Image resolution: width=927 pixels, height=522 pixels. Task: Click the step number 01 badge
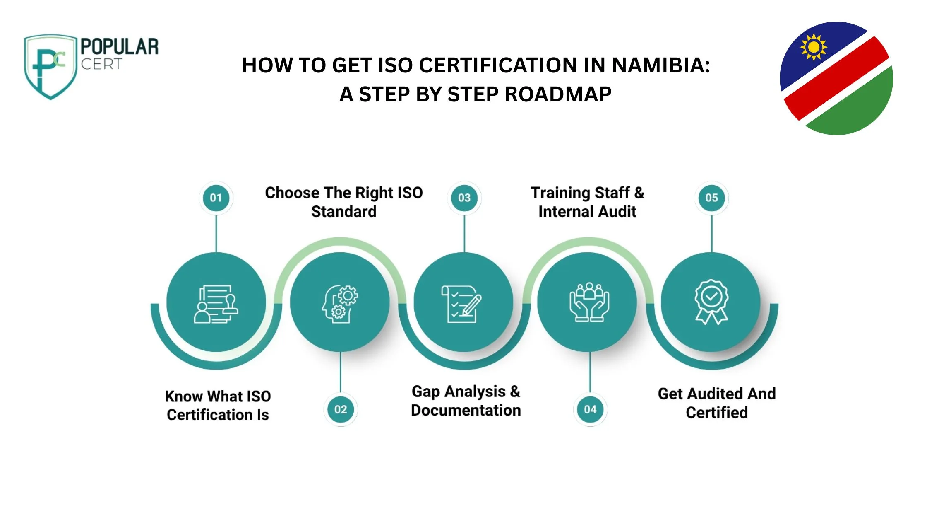coord(216,198)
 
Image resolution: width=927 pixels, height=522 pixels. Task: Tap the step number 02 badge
coord(341,409)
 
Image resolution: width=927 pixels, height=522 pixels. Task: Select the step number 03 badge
coord(464,198)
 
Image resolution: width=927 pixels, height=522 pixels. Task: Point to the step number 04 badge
coord(590,409)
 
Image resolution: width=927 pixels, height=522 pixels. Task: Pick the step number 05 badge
coord(712,198)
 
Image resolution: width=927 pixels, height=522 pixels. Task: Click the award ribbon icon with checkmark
coord(711,302)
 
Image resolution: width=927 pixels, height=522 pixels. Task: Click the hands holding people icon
coord(589,302)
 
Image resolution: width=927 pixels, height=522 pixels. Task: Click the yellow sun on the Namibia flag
coord(814,47)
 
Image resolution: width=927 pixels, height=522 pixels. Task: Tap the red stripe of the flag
coord(836,78)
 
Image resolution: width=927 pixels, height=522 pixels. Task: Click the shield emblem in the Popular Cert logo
coord(50,66)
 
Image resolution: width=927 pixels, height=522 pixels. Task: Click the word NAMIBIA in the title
coord(661,65)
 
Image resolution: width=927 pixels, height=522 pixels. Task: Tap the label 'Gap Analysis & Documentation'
coord(466,401)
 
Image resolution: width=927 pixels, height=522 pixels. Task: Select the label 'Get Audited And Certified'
coord(717,403)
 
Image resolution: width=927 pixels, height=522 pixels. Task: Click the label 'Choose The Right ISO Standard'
coord(344,202)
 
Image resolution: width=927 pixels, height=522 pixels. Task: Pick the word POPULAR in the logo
coord(120,46)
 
